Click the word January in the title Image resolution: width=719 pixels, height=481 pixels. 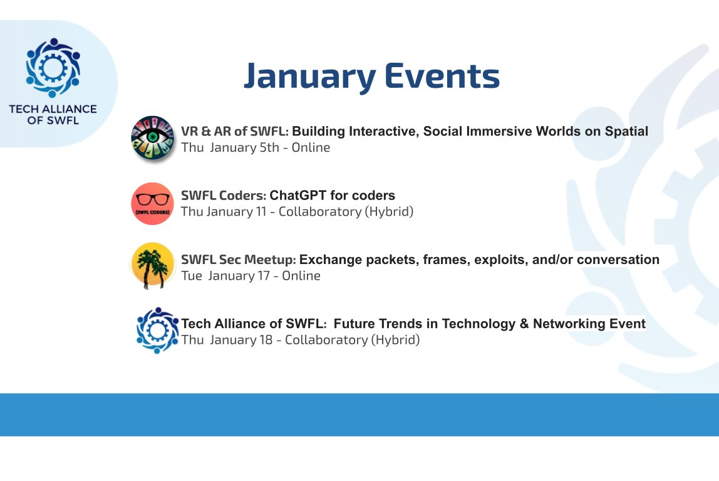308,77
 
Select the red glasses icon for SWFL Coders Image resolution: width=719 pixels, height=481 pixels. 152,204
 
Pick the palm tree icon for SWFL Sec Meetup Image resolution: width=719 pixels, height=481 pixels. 152,265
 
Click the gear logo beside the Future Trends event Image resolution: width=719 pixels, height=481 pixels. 157,330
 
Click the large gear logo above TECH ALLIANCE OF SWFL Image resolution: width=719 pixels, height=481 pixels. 53,63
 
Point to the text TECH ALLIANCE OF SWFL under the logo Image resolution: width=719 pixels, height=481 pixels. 53,114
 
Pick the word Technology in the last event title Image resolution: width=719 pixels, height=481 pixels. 479,324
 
